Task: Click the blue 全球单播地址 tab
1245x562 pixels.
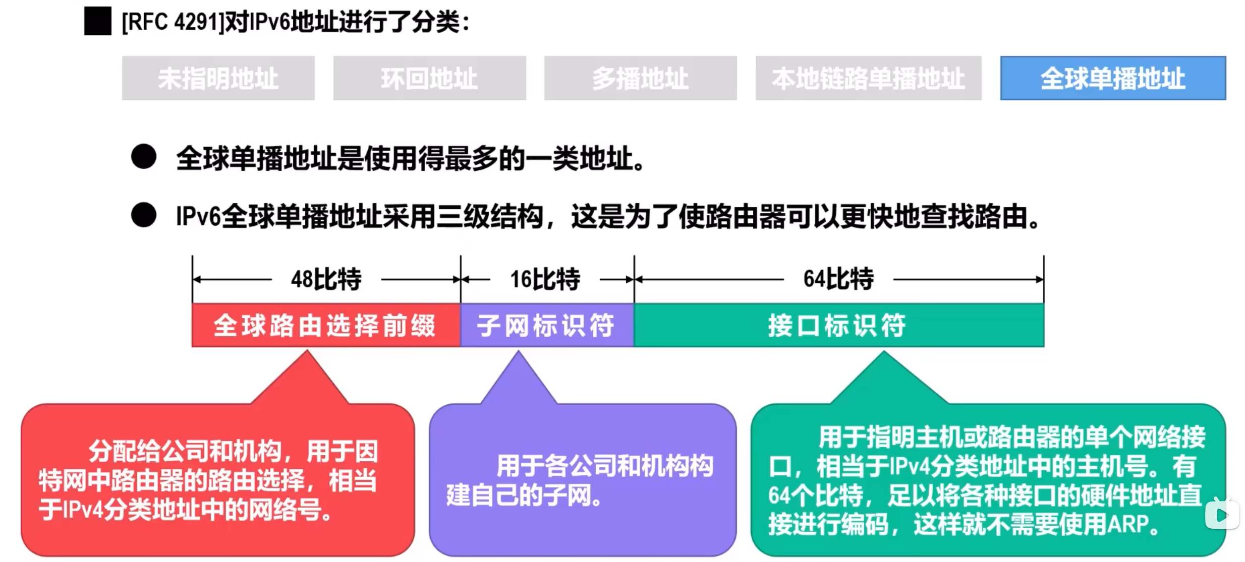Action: [x=1113, y=78]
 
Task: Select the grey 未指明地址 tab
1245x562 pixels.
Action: [x=218, y=78]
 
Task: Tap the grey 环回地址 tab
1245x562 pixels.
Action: [x=429, y=78]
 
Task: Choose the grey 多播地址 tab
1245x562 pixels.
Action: [x=640, y=78]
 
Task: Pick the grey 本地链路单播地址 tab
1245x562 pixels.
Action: [x=868, y=78]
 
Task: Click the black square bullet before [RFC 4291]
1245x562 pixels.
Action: [x=97, y=21]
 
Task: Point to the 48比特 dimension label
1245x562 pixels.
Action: [x=326, y=279]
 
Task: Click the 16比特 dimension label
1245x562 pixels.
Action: [x=545, y=279]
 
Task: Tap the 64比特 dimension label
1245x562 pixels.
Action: [x=838, y=279]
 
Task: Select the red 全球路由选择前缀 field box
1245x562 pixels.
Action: [x=326, y=325]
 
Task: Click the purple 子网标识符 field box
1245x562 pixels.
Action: [x=547, y=325]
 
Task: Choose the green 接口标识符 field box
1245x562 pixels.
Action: [x=838, y=325]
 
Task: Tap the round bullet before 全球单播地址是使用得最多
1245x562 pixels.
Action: [x=144, y=157]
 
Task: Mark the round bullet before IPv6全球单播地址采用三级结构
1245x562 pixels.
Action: [x=144, y=215]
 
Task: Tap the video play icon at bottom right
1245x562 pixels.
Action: [x=1221, y=514]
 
